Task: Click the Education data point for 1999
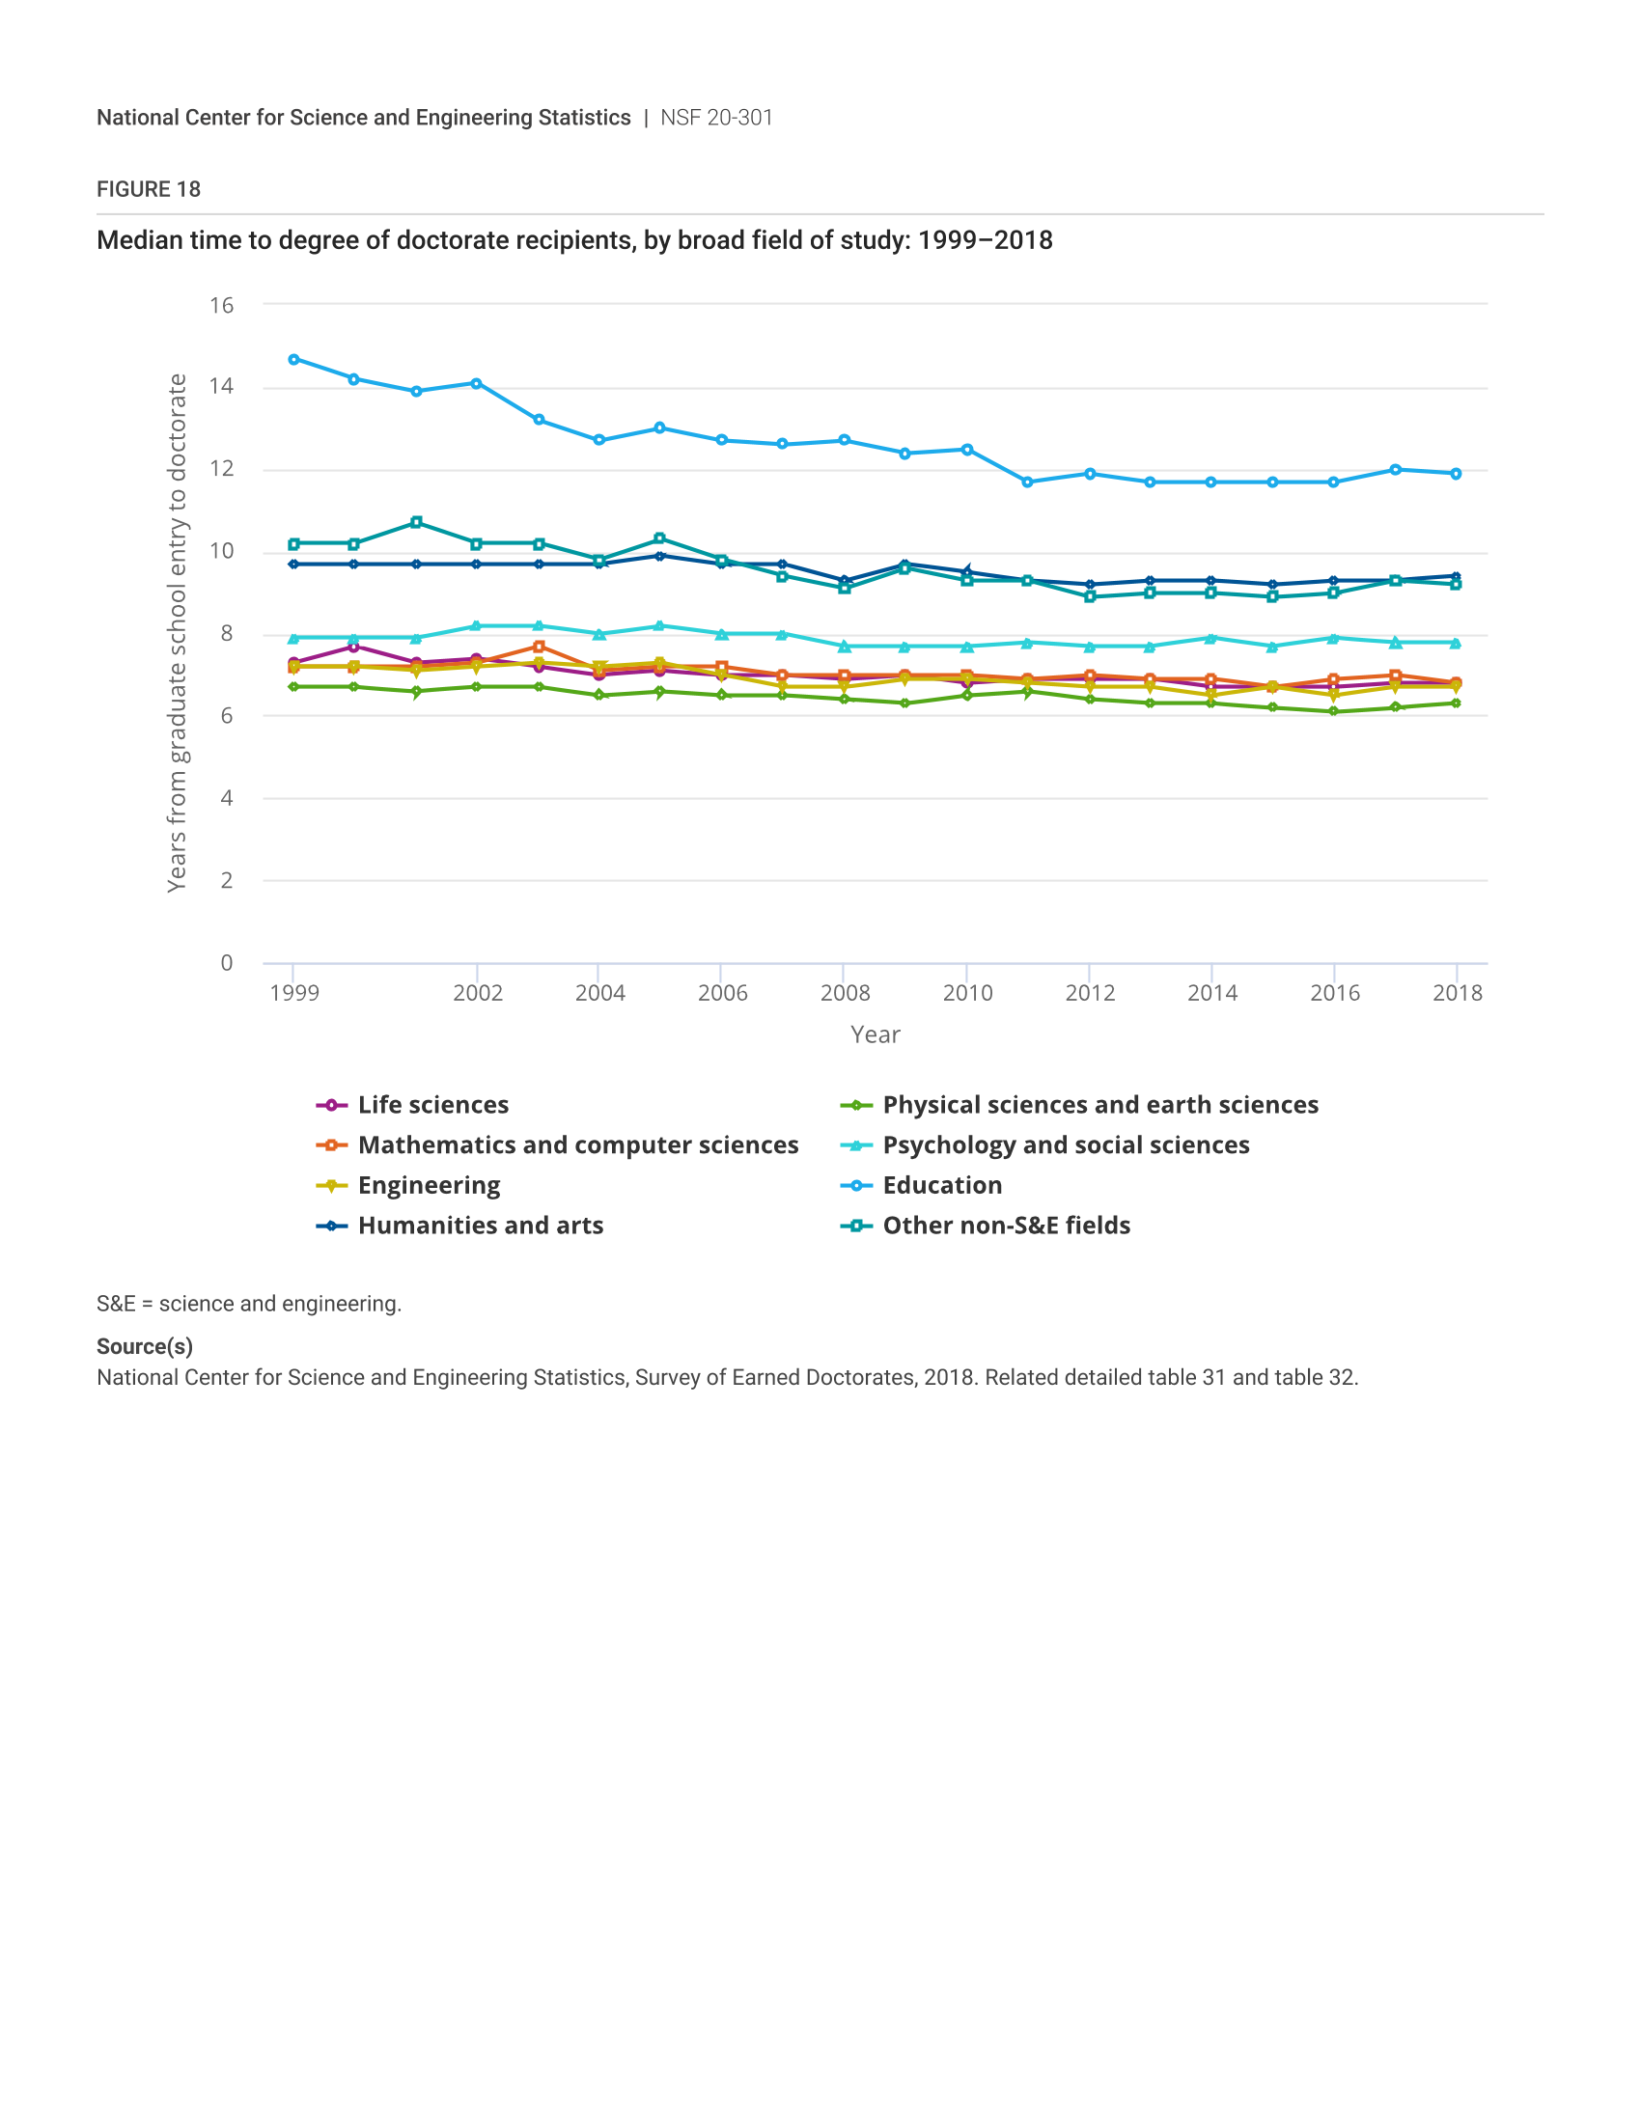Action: click(x=293, y=360)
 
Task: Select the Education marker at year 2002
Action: click(x=476, y=384)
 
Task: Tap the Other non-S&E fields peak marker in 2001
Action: click(x=416, y=523)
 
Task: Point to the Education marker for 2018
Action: click(x=1456, y=475)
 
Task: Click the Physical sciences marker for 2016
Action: click(x=1333, y=711)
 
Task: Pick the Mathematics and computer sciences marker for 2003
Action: click(x=539, y=647)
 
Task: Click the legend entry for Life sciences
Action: click(x=432, y=1105)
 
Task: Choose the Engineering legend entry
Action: click(x=429, y=1186)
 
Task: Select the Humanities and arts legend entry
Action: click(x=481, y=1226)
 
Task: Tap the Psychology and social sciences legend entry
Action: click(x=1066, y=1145)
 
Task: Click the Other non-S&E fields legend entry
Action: click(x=1006, y=1226)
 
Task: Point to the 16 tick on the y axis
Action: click(x=222, y=305)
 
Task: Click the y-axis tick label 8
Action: click(x=227, y=634)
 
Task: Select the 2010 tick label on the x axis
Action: click(x=967, y=992)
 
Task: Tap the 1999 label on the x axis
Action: click(x=294, y=992)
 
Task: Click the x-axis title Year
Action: click(x=875, y=1034)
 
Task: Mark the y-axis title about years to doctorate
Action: click(x=176, y=633)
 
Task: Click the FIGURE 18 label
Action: click(x=149, y=189)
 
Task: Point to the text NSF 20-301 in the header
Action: click(x=716, y=118)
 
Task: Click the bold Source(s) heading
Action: click(x=145, y=1346)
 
